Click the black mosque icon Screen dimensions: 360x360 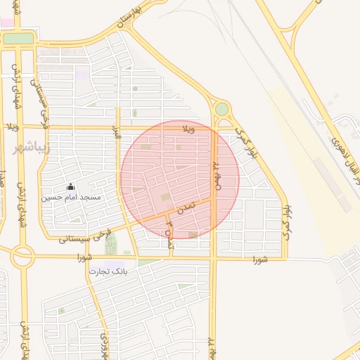70,187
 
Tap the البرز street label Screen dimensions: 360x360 117,134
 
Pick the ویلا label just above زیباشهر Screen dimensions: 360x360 11,127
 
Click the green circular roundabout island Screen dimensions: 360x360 222,109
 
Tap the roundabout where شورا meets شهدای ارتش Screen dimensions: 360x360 22,257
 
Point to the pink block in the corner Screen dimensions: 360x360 6,22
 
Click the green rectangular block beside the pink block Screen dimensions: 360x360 18,38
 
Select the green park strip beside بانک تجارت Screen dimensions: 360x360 110,243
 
